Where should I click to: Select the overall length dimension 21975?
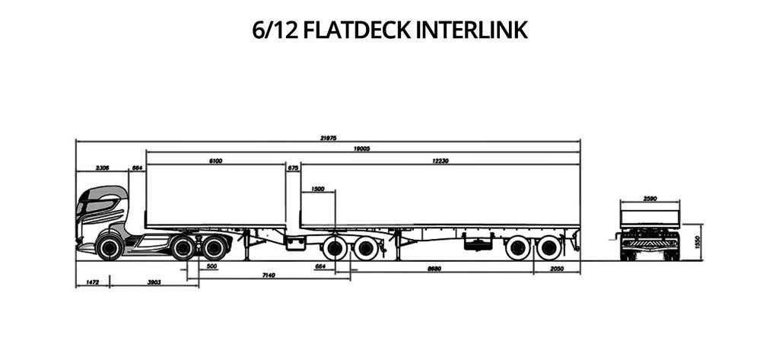coord(329,138)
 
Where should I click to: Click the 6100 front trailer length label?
coord(215,161)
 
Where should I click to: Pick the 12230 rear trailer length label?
coord(439,161)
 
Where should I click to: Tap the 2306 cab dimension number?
coord(103,167)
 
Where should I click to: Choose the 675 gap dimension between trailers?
coord(293,167)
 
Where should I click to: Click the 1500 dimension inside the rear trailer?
coord(318,188)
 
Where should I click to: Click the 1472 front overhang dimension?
coord(92,282)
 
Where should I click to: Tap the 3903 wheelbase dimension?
coord(153,282)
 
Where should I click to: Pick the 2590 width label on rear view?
coord(650,199)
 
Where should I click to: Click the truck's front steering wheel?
coord(110,247)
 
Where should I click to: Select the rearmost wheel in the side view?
coord(548,247)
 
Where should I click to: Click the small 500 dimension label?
coord(211,266)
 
